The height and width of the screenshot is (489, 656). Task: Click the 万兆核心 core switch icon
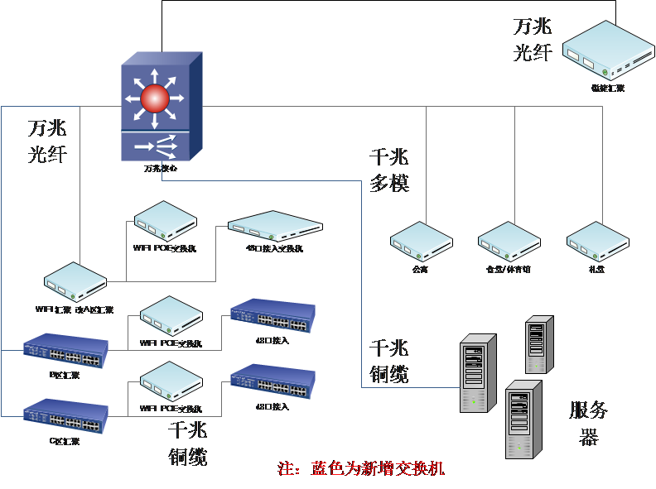162,108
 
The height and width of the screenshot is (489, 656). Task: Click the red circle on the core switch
154,99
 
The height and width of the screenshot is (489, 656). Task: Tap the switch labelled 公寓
422,242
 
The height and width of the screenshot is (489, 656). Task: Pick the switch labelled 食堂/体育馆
509,242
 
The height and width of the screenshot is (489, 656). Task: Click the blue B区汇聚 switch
65,351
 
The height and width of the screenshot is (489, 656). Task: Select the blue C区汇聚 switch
65,416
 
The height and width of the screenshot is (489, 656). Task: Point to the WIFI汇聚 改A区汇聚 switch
75,281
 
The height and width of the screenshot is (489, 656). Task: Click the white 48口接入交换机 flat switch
275,225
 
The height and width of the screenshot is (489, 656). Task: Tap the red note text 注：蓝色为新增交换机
361,469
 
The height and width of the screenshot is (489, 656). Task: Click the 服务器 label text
589,423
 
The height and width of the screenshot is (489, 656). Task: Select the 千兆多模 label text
389,170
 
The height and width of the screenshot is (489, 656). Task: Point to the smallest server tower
539,344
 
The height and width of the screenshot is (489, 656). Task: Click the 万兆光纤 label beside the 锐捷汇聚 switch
532,39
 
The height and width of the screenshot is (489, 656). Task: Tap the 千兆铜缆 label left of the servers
389,362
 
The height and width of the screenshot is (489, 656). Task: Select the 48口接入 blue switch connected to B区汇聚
273,315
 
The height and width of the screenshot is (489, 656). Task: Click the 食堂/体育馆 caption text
509,270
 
